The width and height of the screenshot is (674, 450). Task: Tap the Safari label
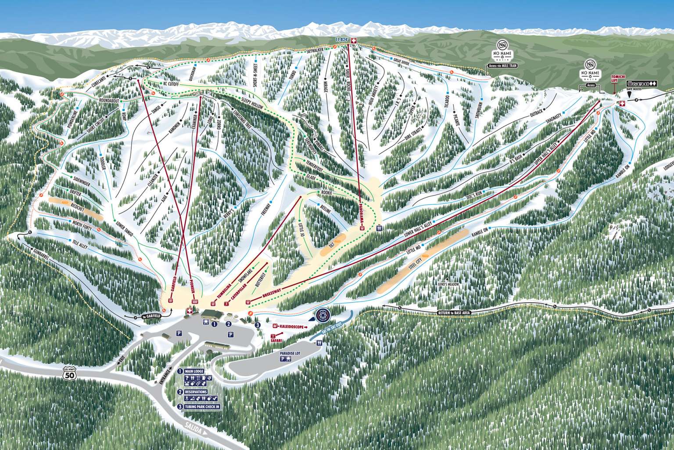[x=276, y=340]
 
